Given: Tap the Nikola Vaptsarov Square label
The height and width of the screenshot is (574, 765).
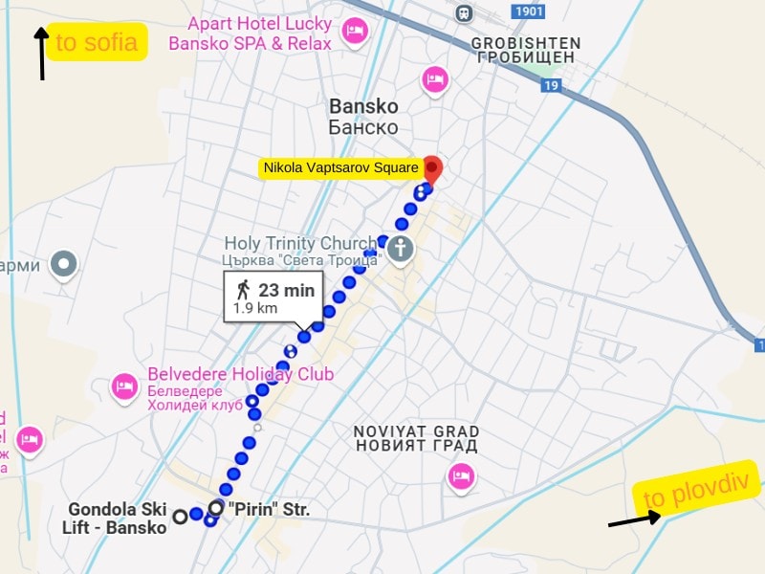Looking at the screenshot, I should (x=340, y=168).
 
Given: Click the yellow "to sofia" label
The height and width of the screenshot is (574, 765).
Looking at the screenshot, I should (x=97, y=42).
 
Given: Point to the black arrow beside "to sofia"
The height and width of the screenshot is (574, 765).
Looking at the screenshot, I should (x=41, y=54).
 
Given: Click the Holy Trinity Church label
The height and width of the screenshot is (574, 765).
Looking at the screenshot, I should (x=302, y=251).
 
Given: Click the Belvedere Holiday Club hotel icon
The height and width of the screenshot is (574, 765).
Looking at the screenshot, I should (x=124, y=386).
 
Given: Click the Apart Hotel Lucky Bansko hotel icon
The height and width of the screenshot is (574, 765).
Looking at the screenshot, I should (x=356, y=32).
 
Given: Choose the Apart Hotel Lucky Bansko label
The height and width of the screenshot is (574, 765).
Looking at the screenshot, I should (x=251, y=33).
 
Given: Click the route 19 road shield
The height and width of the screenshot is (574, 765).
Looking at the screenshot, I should (x=549, y=86).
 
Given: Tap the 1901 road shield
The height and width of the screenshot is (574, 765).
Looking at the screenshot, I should (x=528, y=11).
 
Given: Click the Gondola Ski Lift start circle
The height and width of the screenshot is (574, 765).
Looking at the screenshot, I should (x=179, y=518).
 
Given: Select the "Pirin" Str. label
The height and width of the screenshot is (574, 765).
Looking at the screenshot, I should (x=273, y=510).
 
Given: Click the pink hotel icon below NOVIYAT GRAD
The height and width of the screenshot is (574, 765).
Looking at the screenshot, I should (x=462, y=475).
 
